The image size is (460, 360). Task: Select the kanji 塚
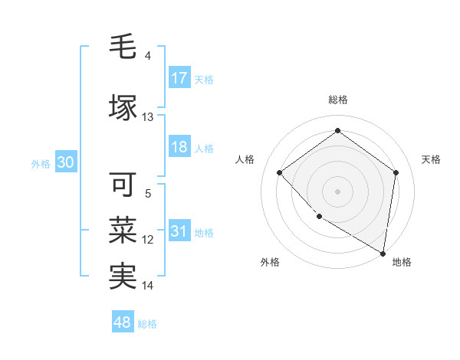coord(123,107)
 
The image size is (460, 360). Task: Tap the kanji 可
coord(123,184)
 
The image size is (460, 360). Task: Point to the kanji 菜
coord(123,229)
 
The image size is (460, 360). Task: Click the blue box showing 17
coord(179,78)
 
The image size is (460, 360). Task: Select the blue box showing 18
coord(179,147)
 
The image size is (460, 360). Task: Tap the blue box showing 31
coord(179,231)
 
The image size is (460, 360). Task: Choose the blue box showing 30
coord(65,162)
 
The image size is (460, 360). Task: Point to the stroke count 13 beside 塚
coord(148,117)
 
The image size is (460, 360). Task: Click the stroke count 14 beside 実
coord(148,286)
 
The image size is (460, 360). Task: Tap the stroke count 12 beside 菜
coord(148,240)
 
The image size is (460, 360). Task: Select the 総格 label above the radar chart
coord(337,100)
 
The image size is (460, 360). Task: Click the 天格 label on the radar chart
coord(431,159)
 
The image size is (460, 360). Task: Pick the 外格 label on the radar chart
coord(270,262)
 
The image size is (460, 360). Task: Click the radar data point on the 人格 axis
coord(280,173)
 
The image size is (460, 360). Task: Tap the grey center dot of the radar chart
coord(337,191)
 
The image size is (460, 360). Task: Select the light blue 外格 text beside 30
coord(41,163)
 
